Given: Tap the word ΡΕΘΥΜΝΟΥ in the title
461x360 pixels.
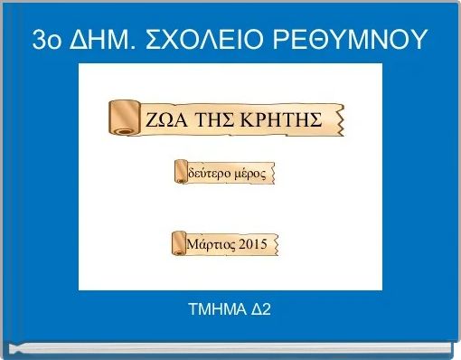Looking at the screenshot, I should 359,40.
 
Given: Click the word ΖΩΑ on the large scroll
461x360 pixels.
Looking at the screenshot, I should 165,120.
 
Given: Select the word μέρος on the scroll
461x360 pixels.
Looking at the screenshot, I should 249,173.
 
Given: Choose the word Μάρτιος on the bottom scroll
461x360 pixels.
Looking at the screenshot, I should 212,245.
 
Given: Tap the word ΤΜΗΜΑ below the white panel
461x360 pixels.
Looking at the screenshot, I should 215,311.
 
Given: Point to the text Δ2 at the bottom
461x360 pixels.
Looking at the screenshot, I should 259,311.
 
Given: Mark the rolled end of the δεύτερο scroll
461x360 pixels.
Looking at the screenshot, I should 178,172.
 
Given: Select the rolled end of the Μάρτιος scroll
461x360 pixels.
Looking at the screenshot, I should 177,244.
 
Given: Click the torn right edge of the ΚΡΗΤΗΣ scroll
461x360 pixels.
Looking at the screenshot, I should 342,118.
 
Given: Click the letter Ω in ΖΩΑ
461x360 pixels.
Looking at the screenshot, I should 165,120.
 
